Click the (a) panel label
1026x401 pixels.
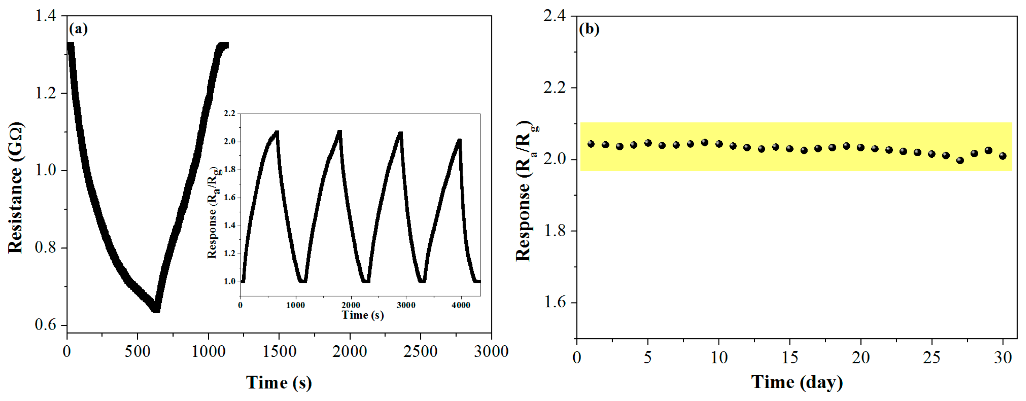(78, 29)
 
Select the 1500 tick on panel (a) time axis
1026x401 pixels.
(279, 352)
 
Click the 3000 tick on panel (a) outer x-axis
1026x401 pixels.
(491, 352)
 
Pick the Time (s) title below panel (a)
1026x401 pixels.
(279, 383)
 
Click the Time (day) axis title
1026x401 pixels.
(797, 382)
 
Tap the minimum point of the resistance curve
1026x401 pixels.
(156, 309)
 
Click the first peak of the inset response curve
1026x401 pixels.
(277, 132)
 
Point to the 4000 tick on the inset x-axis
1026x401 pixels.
(461, 305)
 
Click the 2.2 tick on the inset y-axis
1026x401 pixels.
(229, 114)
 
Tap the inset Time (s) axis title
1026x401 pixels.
(362, 315)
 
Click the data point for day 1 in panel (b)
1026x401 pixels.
(591, 144)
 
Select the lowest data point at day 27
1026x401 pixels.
(960, 160)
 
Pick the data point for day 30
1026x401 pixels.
(1003, 156)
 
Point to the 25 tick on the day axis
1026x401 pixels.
(932, 357)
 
